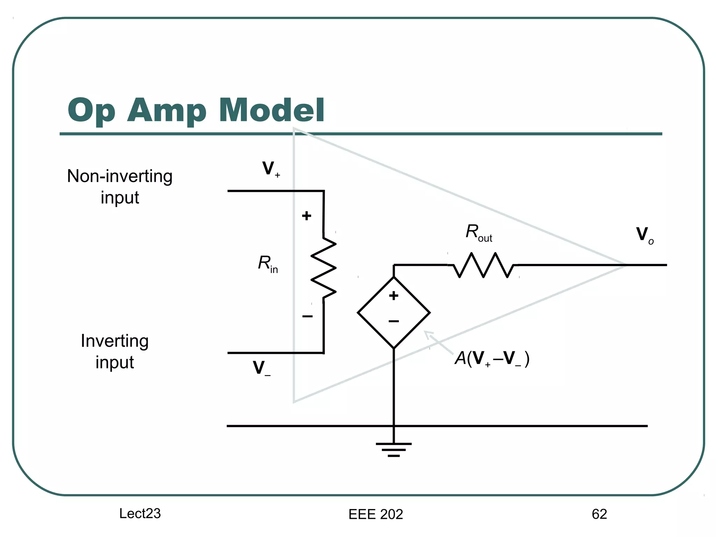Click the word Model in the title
tap(272, 110)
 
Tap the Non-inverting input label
tap(120, 186)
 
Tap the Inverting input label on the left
tap(115, 351)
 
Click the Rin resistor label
tap(267, 264)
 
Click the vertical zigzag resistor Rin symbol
tap(323, 268)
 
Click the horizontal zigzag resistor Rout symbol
tap(483, 265)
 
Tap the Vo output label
tap(644, 235)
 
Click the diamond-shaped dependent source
tap(394, 313)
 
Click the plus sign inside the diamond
tap(394, 296)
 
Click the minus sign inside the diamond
tap(394, 321)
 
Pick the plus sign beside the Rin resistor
tap(306, 216)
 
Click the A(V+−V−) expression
tap(492, 359)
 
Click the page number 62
tap(599, 514)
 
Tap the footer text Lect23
tap(140, 513)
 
